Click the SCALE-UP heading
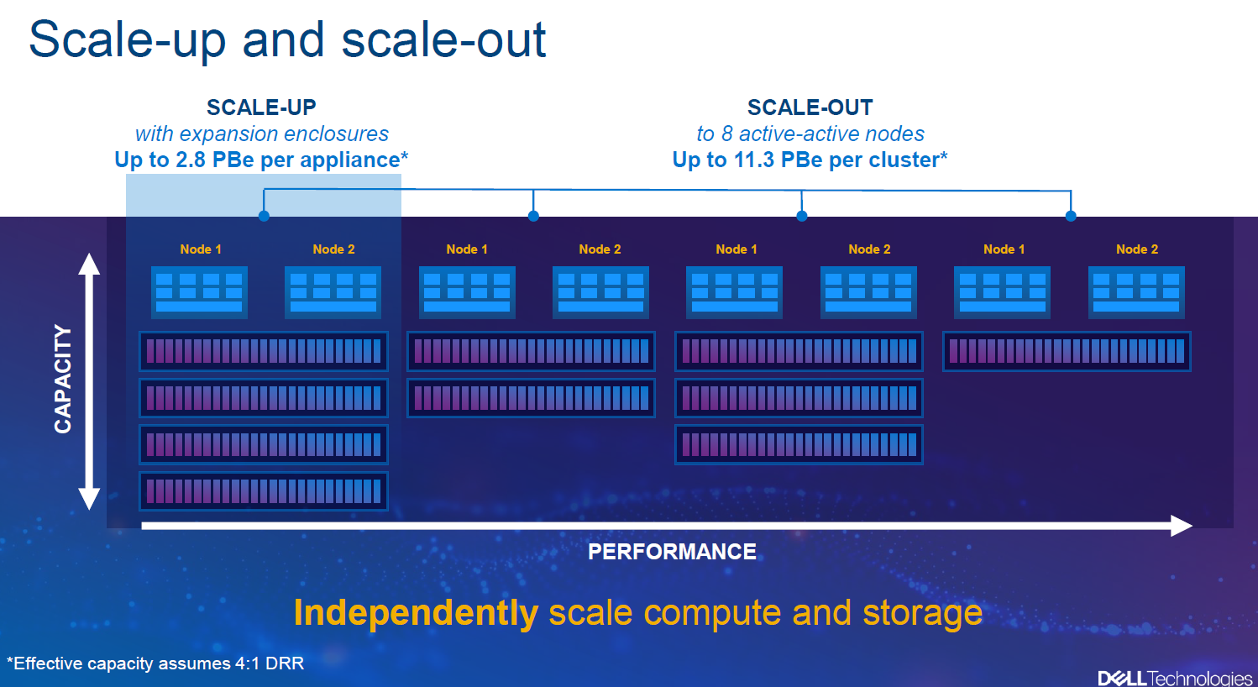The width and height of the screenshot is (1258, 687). [261, 108]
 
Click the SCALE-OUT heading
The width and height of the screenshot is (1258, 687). [810, 108]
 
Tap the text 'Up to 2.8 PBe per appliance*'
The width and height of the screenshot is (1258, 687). [261, 160]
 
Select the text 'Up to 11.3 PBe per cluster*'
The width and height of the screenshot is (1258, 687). [810, 160]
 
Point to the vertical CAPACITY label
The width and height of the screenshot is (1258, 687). [63, 379]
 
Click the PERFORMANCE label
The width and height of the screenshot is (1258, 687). [672, 552]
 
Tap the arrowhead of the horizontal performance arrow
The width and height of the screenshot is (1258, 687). [1182, 526]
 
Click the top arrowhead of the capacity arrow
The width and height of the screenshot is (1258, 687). [89, 264]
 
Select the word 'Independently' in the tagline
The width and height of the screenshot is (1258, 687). [417, 613]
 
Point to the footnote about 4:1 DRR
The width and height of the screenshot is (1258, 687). [155, 663]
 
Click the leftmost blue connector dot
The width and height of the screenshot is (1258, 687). [264, 216]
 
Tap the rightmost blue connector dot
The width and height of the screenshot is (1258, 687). [1071, 216]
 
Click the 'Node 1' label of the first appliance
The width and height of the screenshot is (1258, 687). [201, 249]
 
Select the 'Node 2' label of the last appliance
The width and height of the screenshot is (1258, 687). [1137, 249]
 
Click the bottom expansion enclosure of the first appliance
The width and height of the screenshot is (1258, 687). [264, 491]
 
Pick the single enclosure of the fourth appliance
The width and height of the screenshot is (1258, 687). [1067, 352]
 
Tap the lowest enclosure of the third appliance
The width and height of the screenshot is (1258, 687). [799, 445]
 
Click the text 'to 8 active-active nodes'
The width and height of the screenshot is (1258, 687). [810, 134]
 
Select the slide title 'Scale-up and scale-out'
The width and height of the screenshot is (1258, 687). [287, 40]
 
